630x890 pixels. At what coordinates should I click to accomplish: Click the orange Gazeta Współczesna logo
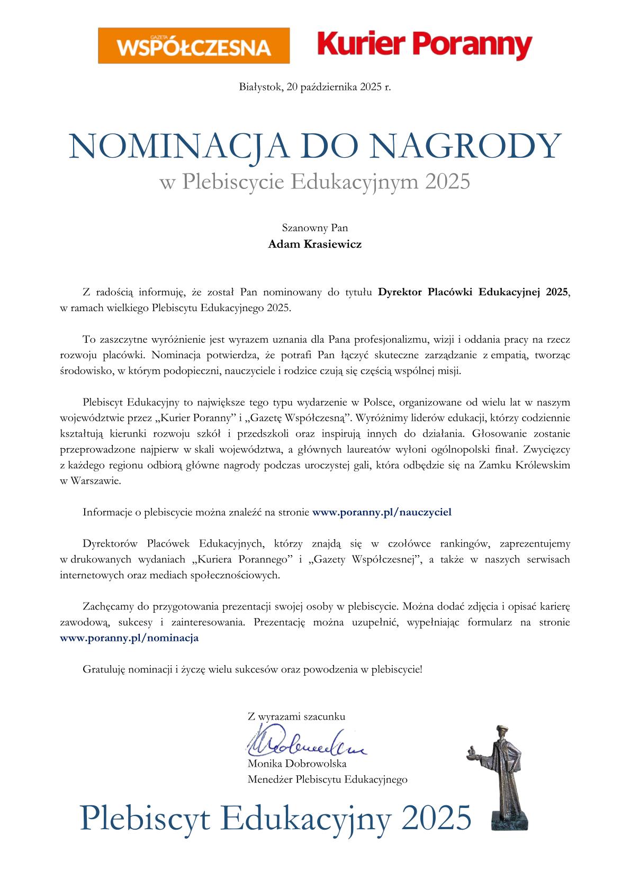coord(194,46)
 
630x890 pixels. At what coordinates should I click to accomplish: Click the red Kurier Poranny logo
coord(425,45)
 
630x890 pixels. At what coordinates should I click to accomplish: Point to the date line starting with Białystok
coord(314,87)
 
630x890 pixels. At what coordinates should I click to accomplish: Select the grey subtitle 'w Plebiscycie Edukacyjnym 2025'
coord(314,181)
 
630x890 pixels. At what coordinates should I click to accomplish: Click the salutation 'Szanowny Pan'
coord(314,228)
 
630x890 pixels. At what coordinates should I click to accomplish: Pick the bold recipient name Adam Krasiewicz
coord(314,244)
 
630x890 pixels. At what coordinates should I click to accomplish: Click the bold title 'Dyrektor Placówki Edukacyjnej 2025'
coord(473,292)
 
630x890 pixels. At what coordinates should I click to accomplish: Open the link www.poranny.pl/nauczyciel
coord(382,512)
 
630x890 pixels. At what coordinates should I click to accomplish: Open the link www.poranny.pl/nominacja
coord(129,638)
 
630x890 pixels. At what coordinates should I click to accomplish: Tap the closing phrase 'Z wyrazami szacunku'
coord(296,716)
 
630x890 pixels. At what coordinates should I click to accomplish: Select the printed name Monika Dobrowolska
coord(297,764)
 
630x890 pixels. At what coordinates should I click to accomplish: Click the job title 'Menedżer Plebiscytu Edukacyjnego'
coord(327,779)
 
